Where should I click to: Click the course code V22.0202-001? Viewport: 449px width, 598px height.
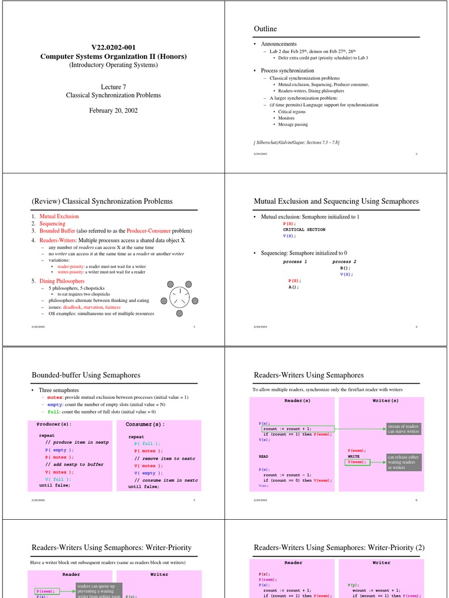point(113,46)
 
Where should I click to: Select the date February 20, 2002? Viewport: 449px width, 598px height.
point(113,110)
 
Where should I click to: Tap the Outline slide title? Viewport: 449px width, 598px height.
point(265,29)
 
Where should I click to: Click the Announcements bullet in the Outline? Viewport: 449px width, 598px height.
point(278,44)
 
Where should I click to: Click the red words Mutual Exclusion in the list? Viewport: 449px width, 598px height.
point(59,216)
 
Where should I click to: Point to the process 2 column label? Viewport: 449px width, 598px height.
point(344,262)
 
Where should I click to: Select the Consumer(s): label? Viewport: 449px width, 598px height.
point(146,424)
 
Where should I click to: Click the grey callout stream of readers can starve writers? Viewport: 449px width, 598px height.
point(403,429)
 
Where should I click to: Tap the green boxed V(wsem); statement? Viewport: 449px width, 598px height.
point(357,462)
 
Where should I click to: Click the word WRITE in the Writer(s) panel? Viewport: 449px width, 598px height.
point(354,456)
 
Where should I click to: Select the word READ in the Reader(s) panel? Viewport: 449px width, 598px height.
point(264,456)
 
